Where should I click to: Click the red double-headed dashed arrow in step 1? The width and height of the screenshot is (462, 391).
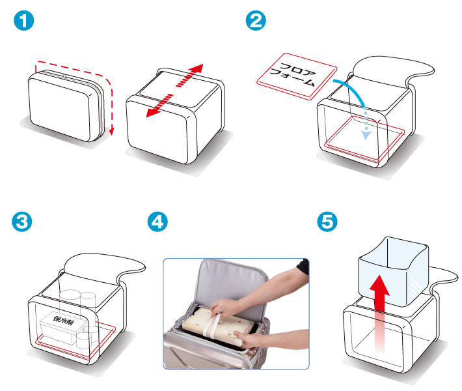click(174, 91)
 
